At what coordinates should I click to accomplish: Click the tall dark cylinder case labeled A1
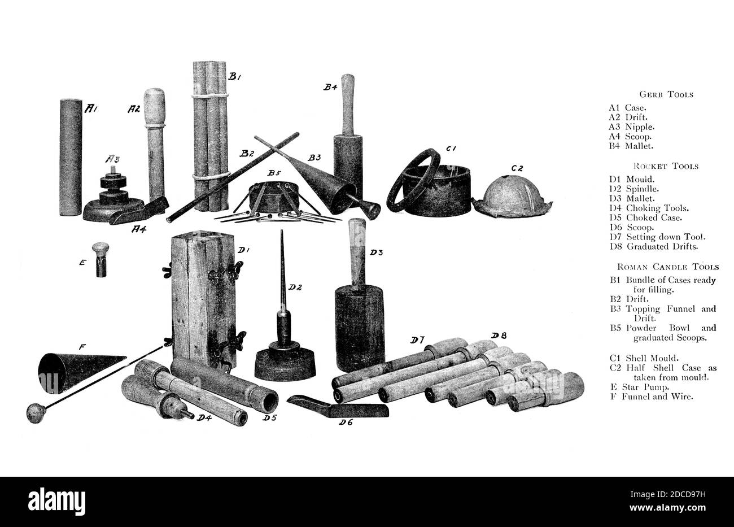[x=71, y=158]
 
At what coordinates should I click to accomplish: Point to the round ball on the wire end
[x=35, y=413]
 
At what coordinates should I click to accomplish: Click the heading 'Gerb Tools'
[x=666, y=94]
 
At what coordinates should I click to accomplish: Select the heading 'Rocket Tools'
[x=665, y=166]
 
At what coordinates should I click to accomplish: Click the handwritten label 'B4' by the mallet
[x=330, y=87]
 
